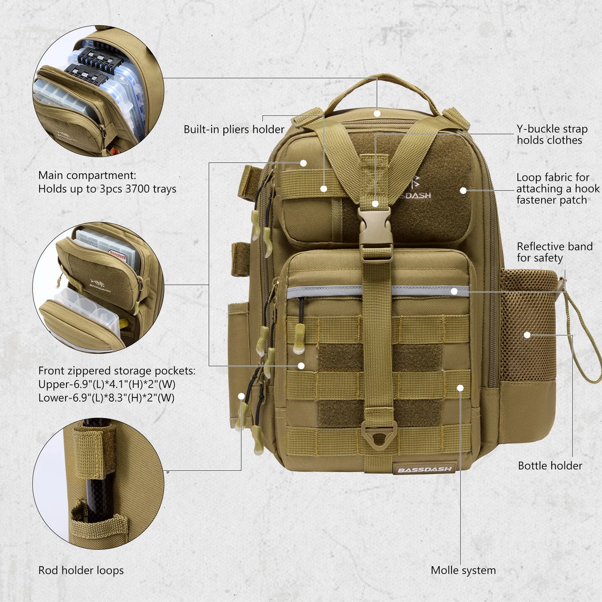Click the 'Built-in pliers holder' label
pyautogui.click(x=234, y=130)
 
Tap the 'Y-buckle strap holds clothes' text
pyautogui.click(x=552, y=135)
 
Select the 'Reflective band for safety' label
pyautogui.click(x=554, y=252)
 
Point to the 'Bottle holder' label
pyautogui.click(x=550, y=466)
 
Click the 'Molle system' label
pyautogui.click(x=463, y=570)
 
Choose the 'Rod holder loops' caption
pyautogui.click(x=81, y=570)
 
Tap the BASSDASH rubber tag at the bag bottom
pyautogui.click(x=424, y=470)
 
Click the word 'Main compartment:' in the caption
pyautogui.click(x=87, y=175)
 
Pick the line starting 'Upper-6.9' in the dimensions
pyautogui.click(x=107, y=384)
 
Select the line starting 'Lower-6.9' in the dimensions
pyautogui.click(x=106, y=398)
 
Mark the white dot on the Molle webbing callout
pyautogui.click(x=460, y=388)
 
